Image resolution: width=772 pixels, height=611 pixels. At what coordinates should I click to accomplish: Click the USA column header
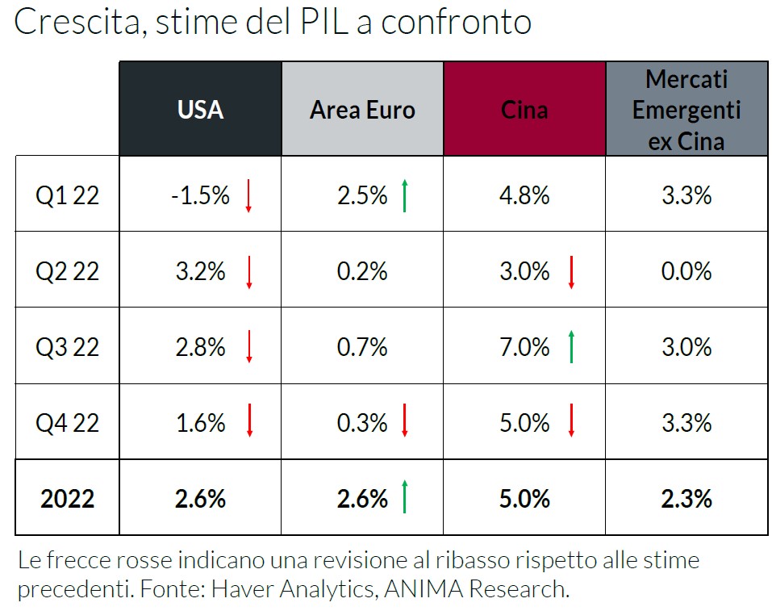(200, 109)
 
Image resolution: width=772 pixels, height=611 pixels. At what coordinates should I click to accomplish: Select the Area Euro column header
(362, 109)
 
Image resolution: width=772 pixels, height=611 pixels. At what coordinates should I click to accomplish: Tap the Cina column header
(524, 109)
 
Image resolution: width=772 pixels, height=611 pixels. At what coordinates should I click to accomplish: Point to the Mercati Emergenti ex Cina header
(686, 110)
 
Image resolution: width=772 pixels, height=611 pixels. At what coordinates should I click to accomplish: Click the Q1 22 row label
(67, 195)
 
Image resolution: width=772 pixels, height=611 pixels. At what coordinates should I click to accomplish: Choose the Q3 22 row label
(67, 347)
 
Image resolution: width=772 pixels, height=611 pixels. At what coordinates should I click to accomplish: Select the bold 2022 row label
(67, 499)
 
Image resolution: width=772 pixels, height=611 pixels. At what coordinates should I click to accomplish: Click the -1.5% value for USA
(200, 195)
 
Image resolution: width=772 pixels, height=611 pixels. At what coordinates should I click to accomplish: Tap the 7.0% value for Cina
(524, 347)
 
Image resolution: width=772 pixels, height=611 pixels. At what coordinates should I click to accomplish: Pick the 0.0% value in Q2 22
(686, 271)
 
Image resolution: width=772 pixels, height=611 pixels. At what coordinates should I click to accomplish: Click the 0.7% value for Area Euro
(362, 347)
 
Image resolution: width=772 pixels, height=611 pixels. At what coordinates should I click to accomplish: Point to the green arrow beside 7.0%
(571, 347)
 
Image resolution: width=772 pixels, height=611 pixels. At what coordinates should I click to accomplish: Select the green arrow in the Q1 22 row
(405, 195)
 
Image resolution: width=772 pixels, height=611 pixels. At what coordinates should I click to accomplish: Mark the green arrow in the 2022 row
(405, 497)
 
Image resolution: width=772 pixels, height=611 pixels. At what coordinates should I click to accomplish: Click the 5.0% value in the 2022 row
(524, 499)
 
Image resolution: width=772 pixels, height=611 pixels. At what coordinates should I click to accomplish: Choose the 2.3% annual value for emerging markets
(686, 499)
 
